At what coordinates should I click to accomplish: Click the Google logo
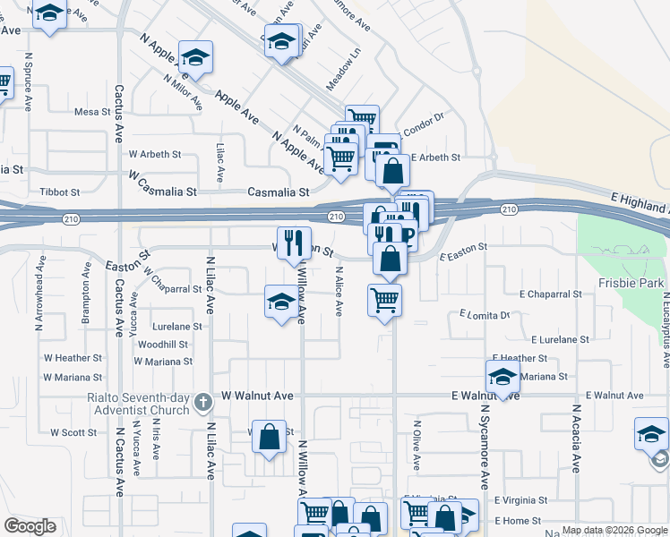coord(30,526)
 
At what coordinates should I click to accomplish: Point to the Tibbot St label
coord(61,192)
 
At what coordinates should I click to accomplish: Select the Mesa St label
coord(90,112)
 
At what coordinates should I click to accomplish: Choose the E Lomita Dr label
coord(484,314)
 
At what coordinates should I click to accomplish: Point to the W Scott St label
coord(73,432)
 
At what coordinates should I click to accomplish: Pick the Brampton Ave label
coord(87,280)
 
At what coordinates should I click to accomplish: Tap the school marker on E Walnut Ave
coord(503,376)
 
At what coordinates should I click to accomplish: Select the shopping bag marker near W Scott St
coord(269,438)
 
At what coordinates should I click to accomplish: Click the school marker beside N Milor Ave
coord(195,58)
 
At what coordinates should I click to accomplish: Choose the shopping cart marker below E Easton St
coord(384,301)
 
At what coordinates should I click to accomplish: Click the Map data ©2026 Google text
coord(613,530)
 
